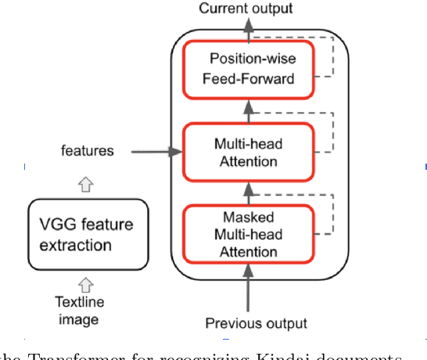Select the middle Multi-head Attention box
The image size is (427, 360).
click(x=247, y=152)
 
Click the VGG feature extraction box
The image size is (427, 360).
click(x=88, y=234)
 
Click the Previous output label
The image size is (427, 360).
click(x=256, y=323)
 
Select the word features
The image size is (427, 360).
click(x=88, y=151)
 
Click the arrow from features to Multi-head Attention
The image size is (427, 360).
click(x=152, y=152)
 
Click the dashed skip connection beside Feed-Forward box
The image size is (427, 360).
click(x=332, y=59)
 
